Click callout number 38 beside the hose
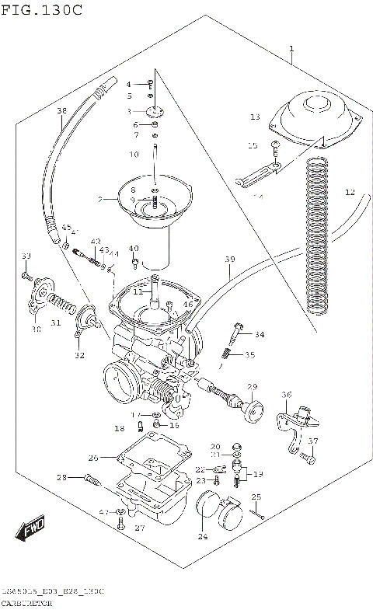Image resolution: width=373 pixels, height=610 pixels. click(x=61, y=111)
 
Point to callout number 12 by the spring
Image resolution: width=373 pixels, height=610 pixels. click(x=350, y=192)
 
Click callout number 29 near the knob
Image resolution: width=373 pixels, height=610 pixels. click(x=252, y=386)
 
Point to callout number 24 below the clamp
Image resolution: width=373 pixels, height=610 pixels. click(x=204, y=536)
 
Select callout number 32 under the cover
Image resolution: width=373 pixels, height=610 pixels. click(x=79, y=355)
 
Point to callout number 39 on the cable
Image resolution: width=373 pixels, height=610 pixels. click(x=229, y=259)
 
